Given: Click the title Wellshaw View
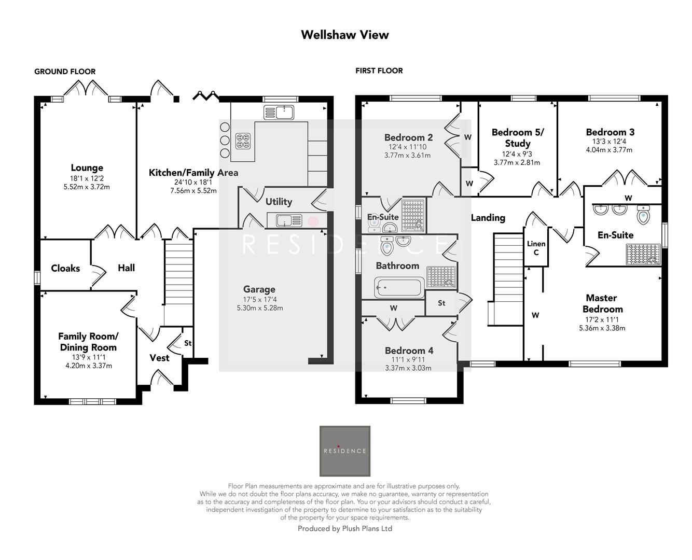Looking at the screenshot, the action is pyautogui.click(x=344, y=35).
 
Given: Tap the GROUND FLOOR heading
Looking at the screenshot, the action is pyautogui.click(x=65, y=72).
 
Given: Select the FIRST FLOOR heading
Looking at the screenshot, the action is pyautogui.click(x=379, y=71).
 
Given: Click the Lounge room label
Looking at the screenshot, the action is pyautogui.click(x=87, y=168).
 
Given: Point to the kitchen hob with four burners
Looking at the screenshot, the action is pyautogui.click(x=243, y=142).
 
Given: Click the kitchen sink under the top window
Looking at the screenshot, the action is pyautogui.click(x=279, y=113).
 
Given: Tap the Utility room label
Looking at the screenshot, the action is pyautogui.click(x=279, y=202).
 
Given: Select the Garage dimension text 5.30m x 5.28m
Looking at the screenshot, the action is pyautogui.click(x=259, y=308).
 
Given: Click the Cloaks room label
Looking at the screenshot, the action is pyautogui.click(x=65, y=268).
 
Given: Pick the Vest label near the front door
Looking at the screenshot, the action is pyautogui.click(x=159, y=358).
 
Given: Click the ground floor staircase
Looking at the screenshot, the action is pyautogui.click(x=178, y=272).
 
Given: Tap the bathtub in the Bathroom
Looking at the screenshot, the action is pyautogui.click(x=399, y=287).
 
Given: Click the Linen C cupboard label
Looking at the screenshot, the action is pyautogui.click(x=536, y=248).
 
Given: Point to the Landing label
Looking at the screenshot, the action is pyautogui.click(x=488, y=217).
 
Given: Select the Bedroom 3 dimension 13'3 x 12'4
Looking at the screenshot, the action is pyautogui.click(x=609, y=141).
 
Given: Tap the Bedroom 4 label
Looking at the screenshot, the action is pyautogui.click(x=409, y=351).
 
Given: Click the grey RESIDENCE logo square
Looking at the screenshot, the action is pyautogui.click(x=344, y=451).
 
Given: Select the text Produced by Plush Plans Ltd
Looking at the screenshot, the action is pyautogui.click(x=344, y=528).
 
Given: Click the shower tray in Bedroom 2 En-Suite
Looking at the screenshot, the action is pyautogui.click(x=413, y=216).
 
